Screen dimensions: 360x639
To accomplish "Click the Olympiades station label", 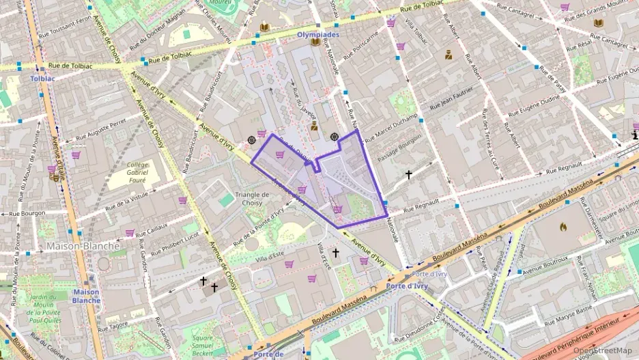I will [318, 34].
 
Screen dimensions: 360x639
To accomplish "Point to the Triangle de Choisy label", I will [252, 198].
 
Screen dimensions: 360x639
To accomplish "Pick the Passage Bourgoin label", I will [399, 146].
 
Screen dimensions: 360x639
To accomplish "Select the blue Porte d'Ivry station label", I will [407, 286].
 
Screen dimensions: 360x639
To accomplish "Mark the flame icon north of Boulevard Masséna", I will [563, 227].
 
